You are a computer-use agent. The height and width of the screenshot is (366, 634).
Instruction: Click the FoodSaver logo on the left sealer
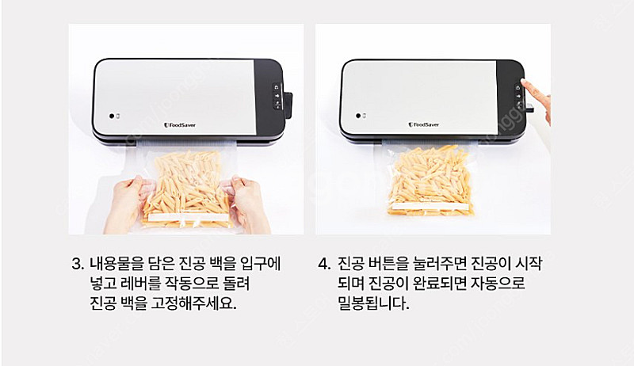pyautogui.click(x=180, y=125)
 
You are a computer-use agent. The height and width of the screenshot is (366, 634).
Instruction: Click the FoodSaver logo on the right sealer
pyautogui.click(x=424, y=125)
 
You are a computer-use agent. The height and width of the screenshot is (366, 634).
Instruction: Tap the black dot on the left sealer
pyautogui.click(x=112, y=116)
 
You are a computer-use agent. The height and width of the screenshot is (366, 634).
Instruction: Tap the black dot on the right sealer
pyautogui.click(x=358, y=116)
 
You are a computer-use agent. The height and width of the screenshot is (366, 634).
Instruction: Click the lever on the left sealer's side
pyautogui.click(x=288, y=105)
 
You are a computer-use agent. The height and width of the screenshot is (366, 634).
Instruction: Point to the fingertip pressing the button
pyautogui.click(x=523, y=82)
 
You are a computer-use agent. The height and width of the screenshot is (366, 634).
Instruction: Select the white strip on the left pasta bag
pyautogui.click(x=188, y=217)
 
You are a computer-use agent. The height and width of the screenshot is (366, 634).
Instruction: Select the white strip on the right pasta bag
pyautogui.click(x=431, y=207)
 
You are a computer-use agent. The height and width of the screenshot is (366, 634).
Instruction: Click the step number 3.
pyautogui.click(x=77, y=264)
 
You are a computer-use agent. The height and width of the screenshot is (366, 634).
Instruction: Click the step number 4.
pyautogui.click(x=323, y=264)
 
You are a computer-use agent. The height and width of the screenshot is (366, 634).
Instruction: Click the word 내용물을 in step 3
pyautogui.click(x=116, y=264)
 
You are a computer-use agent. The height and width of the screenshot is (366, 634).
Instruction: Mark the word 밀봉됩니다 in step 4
pyautogui.click(x=373, y=303)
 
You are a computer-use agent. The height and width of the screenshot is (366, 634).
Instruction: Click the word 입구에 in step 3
pyautogui.click(x=260, y=264)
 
